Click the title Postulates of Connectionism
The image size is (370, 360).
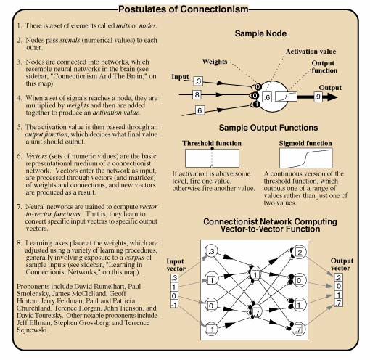[x=184, y=9]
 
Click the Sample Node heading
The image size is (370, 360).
[x=260, y=33]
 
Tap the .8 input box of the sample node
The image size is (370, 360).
[x=197, y=94]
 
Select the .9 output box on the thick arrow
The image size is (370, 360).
[x=318, y=97]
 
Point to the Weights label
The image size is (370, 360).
[x=215, y=62]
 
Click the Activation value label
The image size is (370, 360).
[x=311, y=52]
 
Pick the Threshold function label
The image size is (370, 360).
[x=212, y=143]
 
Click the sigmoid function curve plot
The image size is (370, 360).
[x=306, y=158]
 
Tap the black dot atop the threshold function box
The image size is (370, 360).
[x=212, y=148]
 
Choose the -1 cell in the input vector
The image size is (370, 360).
[x=174, y=305]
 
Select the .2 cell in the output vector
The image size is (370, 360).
[x=338, y=277]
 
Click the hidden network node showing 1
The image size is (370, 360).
[x=255, y=274]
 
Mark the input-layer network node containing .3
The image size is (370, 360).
[x=211, y=251]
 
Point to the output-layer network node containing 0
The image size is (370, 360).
[x=299, y=280]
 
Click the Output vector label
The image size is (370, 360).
[x=341, y=264]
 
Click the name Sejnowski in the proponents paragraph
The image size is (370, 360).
[x=32, y=330]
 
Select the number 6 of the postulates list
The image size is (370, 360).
[x=20, y=156]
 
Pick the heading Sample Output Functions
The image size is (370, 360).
[x=268, y=128]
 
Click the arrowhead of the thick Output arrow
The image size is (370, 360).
[x=332, y=97]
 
